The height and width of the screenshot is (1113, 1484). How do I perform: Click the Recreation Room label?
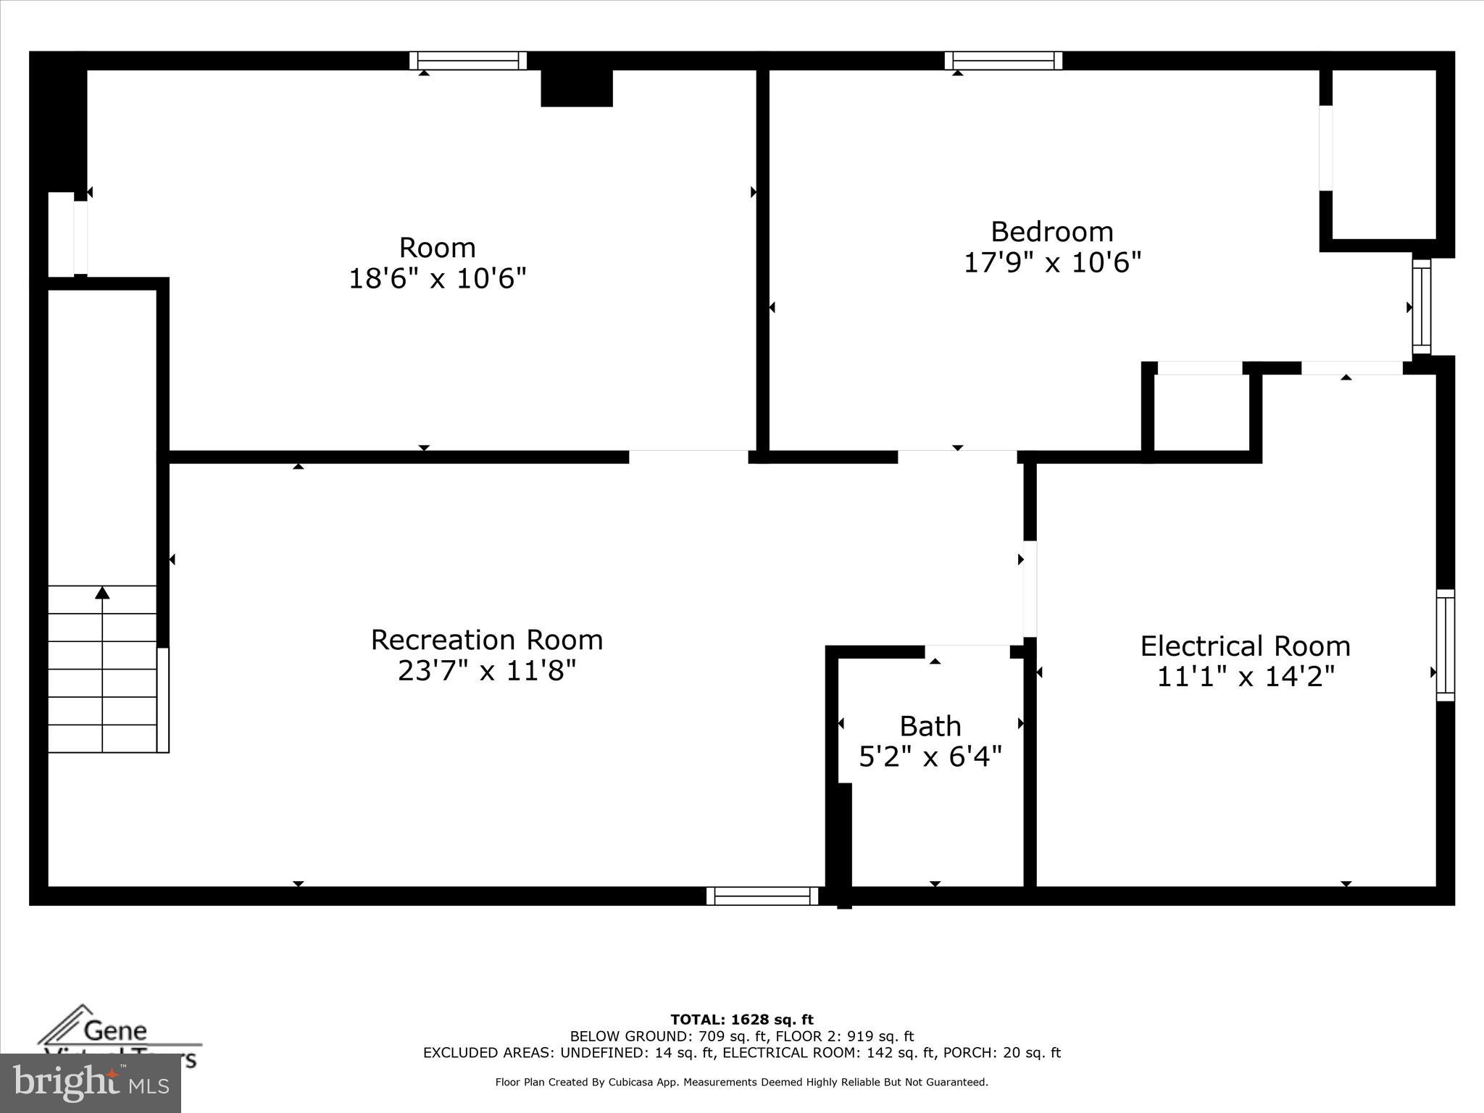click(487, 640)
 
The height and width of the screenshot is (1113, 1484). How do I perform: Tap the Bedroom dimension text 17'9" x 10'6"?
click(1052, 262)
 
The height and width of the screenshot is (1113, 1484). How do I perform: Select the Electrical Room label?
click(1245, 646)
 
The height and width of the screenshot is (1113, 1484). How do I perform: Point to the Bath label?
click(930, 725)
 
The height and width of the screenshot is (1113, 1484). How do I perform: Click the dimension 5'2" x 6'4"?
click(930, 756)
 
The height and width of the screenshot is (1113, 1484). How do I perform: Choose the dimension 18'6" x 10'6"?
click(437, 278)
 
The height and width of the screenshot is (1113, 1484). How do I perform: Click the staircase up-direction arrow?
click(102, 593)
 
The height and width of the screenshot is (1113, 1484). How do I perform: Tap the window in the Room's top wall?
click(468, 61)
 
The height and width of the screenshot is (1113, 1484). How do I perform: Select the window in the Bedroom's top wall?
click(1003, 61)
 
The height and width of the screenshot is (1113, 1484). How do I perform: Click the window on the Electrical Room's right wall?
click(1445, 645)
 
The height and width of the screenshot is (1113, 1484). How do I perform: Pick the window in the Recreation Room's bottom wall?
click(762, 896)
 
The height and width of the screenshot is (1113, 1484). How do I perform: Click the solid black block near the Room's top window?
click(577, 88)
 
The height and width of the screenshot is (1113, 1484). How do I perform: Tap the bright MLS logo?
click(91, 1083)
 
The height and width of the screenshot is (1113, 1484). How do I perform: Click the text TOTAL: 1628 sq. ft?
click(741, 1020)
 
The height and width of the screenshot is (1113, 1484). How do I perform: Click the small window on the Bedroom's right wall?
click(1422, 307)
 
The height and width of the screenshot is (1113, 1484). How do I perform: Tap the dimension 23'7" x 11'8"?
click(487, 671)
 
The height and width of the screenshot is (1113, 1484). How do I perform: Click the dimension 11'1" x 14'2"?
click(1245, 677)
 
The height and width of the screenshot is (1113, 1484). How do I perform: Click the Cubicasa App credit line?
click(741, 1082)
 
